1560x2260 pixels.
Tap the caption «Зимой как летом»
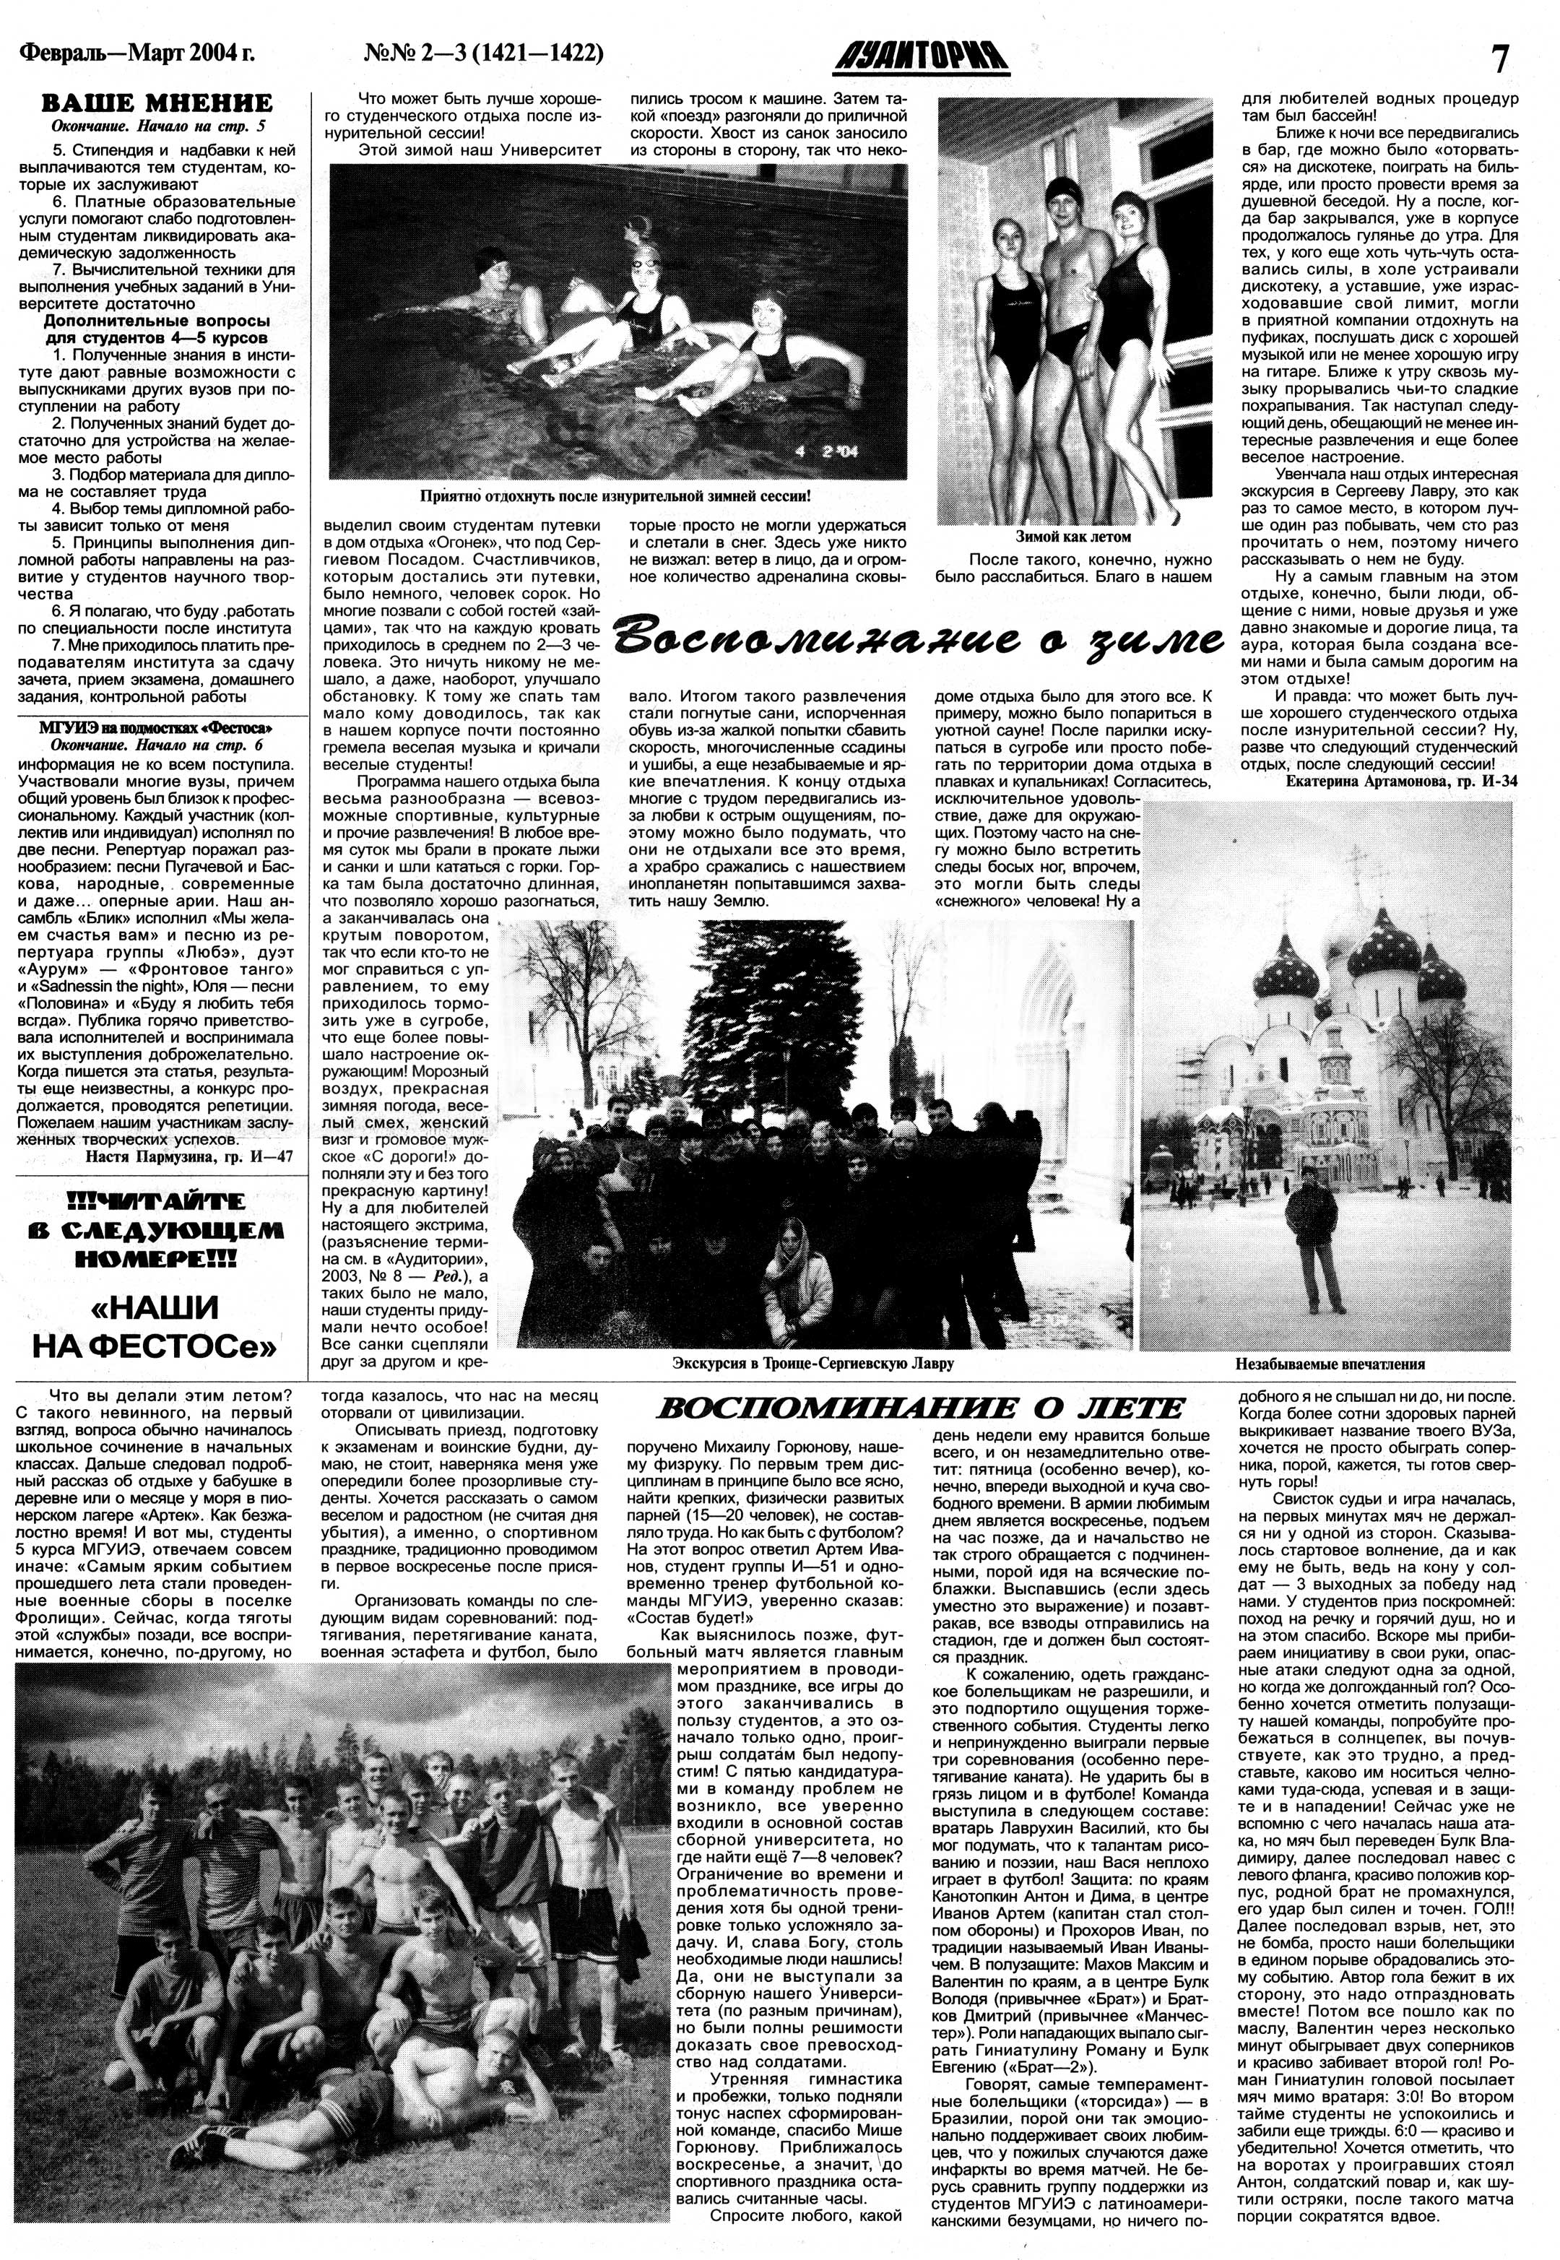[1072, 537]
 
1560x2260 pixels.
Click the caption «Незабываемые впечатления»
[1330, 1364]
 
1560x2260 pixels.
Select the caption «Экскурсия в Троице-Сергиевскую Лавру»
[812, 1363]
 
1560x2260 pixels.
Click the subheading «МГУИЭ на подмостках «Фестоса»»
[155, 728]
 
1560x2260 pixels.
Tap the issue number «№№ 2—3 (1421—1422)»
[483, 53]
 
